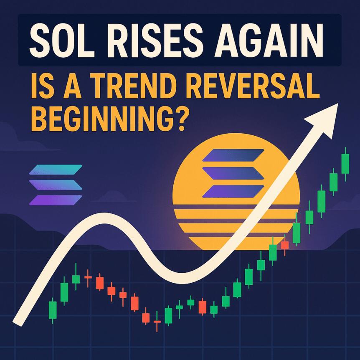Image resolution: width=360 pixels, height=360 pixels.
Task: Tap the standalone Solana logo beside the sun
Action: pos(56,185)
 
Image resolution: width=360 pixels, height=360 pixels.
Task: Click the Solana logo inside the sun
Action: pos(233,173)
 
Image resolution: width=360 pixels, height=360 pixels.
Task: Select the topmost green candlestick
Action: pos(345,163)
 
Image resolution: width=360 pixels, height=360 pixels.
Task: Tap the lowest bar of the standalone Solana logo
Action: pos(54,200)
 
